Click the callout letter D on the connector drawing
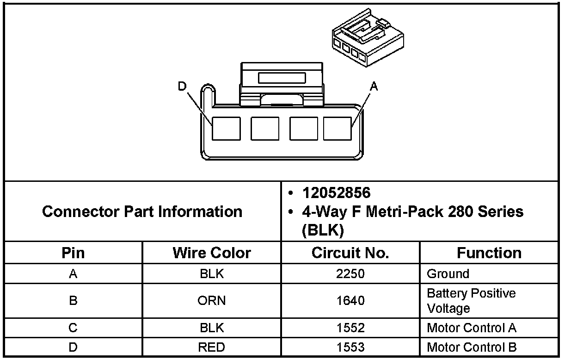click(x=182, y=86)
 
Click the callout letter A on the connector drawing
click(x=374, y=86)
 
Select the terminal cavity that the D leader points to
click(x=226, y=129)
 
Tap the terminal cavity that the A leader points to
click(x=338, y=129)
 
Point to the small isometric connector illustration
click(x=368, y=37)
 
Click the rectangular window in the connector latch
click(x=282, y=78)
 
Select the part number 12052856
click(x=337, y=193)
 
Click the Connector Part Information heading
click(x=142, y=211)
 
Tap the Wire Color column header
click(x=212, y=253)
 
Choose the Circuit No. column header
click(x=350, y=253)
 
